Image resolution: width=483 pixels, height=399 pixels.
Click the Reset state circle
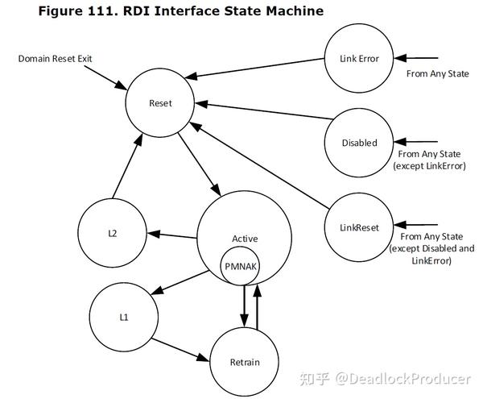click(159, 103)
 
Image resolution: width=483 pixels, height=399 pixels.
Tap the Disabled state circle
click(359, 143)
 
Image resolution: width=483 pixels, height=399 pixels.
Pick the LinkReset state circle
click(360, 227)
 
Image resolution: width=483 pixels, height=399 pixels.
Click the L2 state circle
click(113, 233)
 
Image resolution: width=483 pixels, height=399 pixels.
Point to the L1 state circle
click(123, 317)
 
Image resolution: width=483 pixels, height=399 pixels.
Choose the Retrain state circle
click(246, 362)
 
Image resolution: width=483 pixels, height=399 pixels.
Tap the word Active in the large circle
click(245, 239)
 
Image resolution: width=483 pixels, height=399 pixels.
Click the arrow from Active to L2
click(173, 235)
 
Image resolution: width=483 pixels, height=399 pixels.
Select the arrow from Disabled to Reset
click(266, 114)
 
